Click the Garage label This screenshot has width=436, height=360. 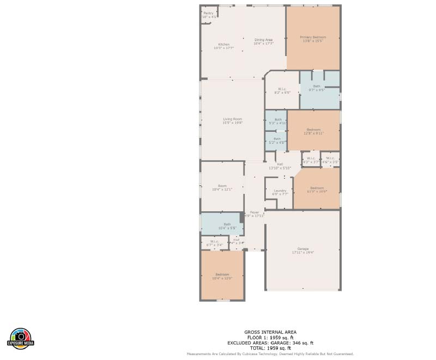pos(303,250)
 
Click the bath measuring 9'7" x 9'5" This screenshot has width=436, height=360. pos(317,88)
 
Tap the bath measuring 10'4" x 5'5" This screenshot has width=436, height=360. pos(227,225)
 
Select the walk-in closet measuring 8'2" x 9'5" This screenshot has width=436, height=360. pos(282,90)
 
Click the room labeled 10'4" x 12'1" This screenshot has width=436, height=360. pos(222,187)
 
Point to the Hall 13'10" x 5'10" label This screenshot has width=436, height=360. pos(280,166)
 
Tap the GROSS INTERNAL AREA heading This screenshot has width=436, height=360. pos(270,332)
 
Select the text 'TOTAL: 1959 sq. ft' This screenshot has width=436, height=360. pos(270,347)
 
